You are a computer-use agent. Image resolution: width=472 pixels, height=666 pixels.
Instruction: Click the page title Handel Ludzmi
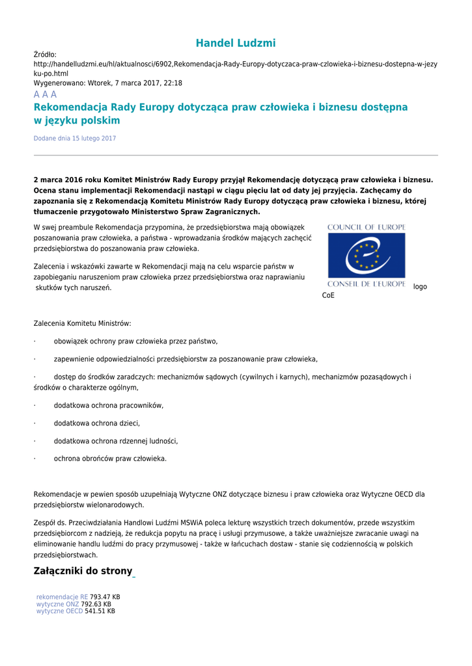(236, 43)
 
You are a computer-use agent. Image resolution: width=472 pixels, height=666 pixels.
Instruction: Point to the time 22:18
(173, 83)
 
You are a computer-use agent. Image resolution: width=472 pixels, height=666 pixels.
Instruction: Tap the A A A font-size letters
(45, 94)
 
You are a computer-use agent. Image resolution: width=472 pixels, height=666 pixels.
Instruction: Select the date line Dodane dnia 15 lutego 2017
(75, 139)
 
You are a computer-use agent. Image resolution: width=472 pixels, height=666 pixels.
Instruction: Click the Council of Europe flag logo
(366, 256)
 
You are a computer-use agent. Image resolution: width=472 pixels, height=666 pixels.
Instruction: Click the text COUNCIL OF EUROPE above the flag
(366, 227)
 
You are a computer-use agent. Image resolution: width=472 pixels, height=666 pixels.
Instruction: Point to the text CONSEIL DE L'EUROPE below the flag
(366, 284)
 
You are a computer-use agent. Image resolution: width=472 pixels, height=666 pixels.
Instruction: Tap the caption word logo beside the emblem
(420, 287)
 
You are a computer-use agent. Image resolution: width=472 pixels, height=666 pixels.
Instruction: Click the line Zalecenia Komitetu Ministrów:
(82, 323)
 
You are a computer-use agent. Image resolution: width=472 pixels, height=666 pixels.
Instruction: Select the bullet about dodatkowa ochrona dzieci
(96, 423)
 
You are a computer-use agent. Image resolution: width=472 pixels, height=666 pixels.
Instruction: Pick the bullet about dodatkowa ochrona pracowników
(108, 406)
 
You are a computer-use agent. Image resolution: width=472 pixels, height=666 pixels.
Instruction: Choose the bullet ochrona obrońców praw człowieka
(110, 459)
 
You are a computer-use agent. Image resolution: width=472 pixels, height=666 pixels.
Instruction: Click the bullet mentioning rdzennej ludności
(115, 441)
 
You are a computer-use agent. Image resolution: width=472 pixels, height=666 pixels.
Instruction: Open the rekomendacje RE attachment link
(62, 596)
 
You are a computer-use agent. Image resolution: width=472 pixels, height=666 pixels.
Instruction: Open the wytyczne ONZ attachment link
(57, 604)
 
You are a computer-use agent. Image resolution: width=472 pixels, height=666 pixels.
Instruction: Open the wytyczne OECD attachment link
(59, 611)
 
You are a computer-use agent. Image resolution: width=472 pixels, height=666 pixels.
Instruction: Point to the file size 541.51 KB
(100, 611)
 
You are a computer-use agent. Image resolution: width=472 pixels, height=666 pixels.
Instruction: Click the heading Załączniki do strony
(83, 572)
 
